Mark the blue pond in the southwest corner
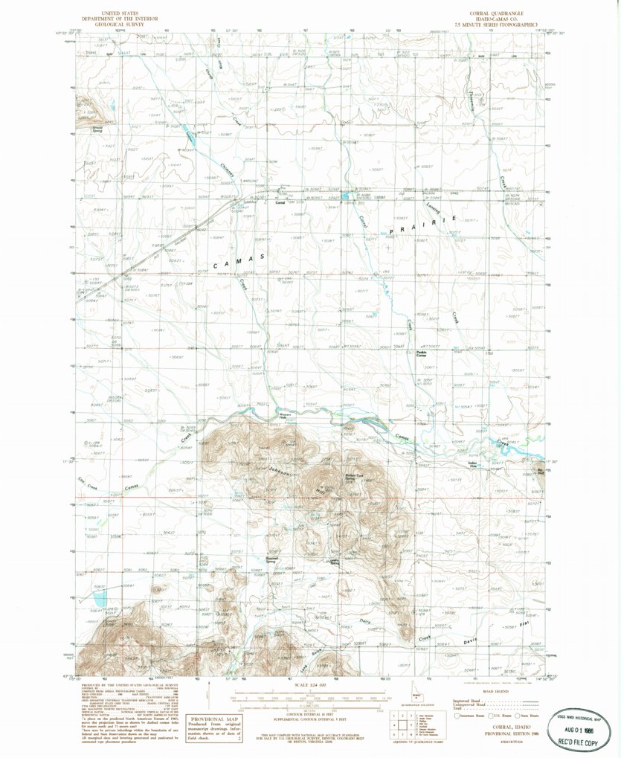(99, 596)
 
